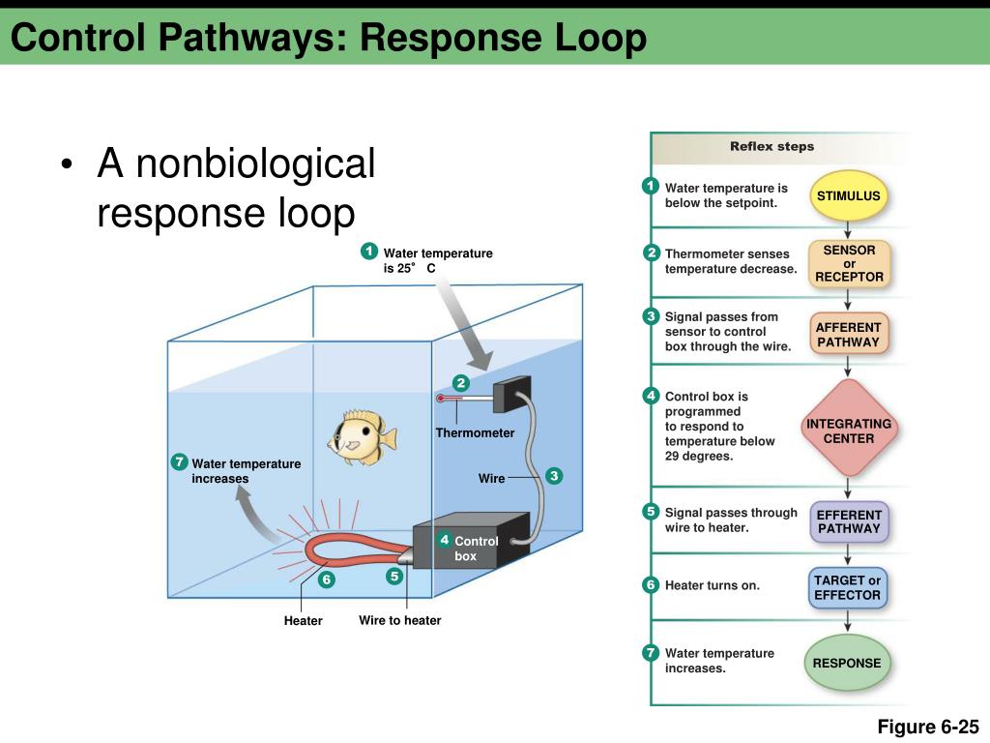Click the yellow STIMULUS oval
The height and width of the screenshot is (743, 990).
pyautogui.click(x=848, y=195)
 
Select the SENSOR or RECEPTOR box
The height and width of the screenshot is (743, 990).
pyautogui.click(x=849, y=263)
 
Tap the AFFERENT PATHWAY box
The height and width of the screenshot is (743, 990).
pyautogui.click(x=848, y=335)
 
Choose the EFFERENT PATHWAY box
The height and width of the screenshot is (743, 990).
pyautogui.click(x=849, y=521)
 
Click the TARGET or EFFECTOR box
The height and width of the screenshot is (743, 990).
pyautogui.click(x=847, y=587)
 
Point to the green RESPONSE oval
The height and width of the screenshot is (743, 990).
pyautogui.click(x=847, y=663)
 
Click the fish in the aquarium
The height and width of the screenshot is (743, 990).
pyautogui.click(x=362, y=437)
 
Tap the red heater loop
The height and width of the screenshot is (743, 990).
pyautogui.click(x=354, y=550)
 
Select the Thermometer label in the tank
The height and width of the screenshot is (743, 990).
pyautogui.click(x=475, y=432)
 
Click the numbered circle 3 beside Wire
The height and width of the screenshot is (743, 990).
pyautogui.click(x=554, y=476)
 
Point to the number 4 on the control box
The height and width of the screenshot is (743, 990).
pyautogui.click(x=445, y=540)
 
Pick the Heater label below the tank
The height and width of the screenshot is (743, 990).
pyautogui.click(x=303, y=620)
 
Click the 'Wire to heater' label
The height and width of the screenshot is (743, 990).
pyautogui.click(x=399, y=620)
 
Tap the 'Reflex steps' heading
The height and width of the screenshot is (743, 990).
pyautogui.click(x=772, y=146)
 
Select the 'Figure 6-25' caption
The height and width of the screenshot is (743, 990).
pyautogui.click(x=928, y=727)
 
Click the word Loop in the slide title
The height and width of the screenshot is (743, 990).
pyautogui.click(x=600, y=38)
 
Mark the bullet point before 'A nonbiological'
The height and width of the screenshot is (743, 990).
pyautogui.click(x=67, y=164)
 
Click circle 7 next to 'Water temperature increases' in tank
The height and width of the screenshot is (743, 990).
pyautogui.click(x=179, y=461)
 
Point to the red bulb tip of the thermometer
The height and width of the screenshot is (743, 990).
pyautogui.click(x=440, y=398)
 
